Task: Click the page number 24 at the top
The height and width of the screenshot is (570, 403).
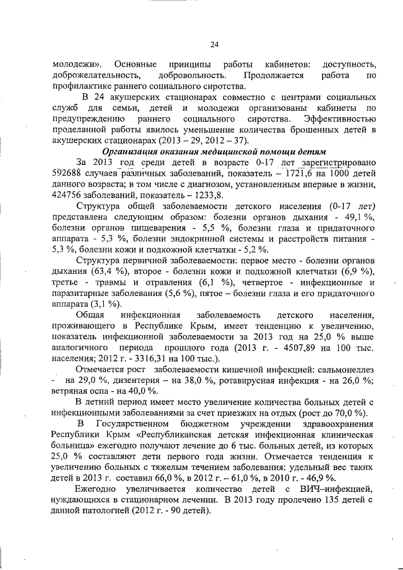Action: click(213, 44)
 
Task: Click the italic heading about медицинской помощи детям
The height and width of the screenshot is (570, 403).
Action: click(213, 151)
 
